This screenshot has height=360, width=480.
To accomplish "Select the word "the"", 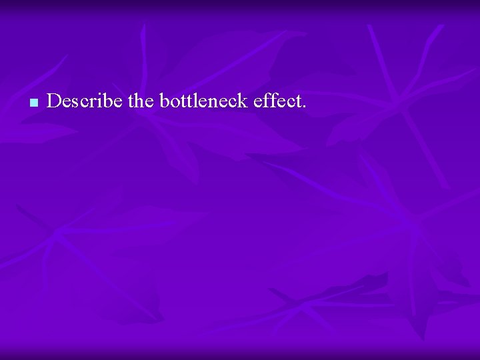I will click(x=141, y=101).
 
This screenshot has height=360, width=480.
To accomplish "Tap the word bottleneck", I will click(x=203, y=101).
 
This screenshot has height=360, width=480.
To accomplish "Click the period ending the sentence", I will click(x=304, y=107).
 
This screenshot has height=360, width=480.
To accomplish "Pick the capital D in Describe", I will click(x=54, y=101).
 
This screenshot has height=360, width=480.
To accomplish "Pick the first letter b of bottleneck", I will click(x=163, y=101).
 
